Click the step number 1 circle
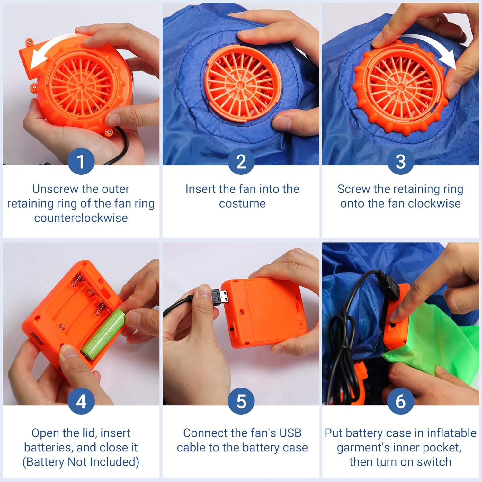click(81, 161)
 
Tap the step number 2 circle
click(241, 161)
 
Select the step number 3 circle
click(400, 161)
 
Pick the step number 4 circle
click(81, 401)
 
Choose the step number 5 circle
click(241, 401)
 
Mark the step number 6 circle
click(400, 401)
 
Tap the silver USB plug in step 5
click(220, 296)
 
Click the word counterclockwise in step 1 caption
click(81, 218)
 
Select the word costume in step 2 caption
click(242, 203)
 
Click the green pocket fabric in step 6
click(437, 344)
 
